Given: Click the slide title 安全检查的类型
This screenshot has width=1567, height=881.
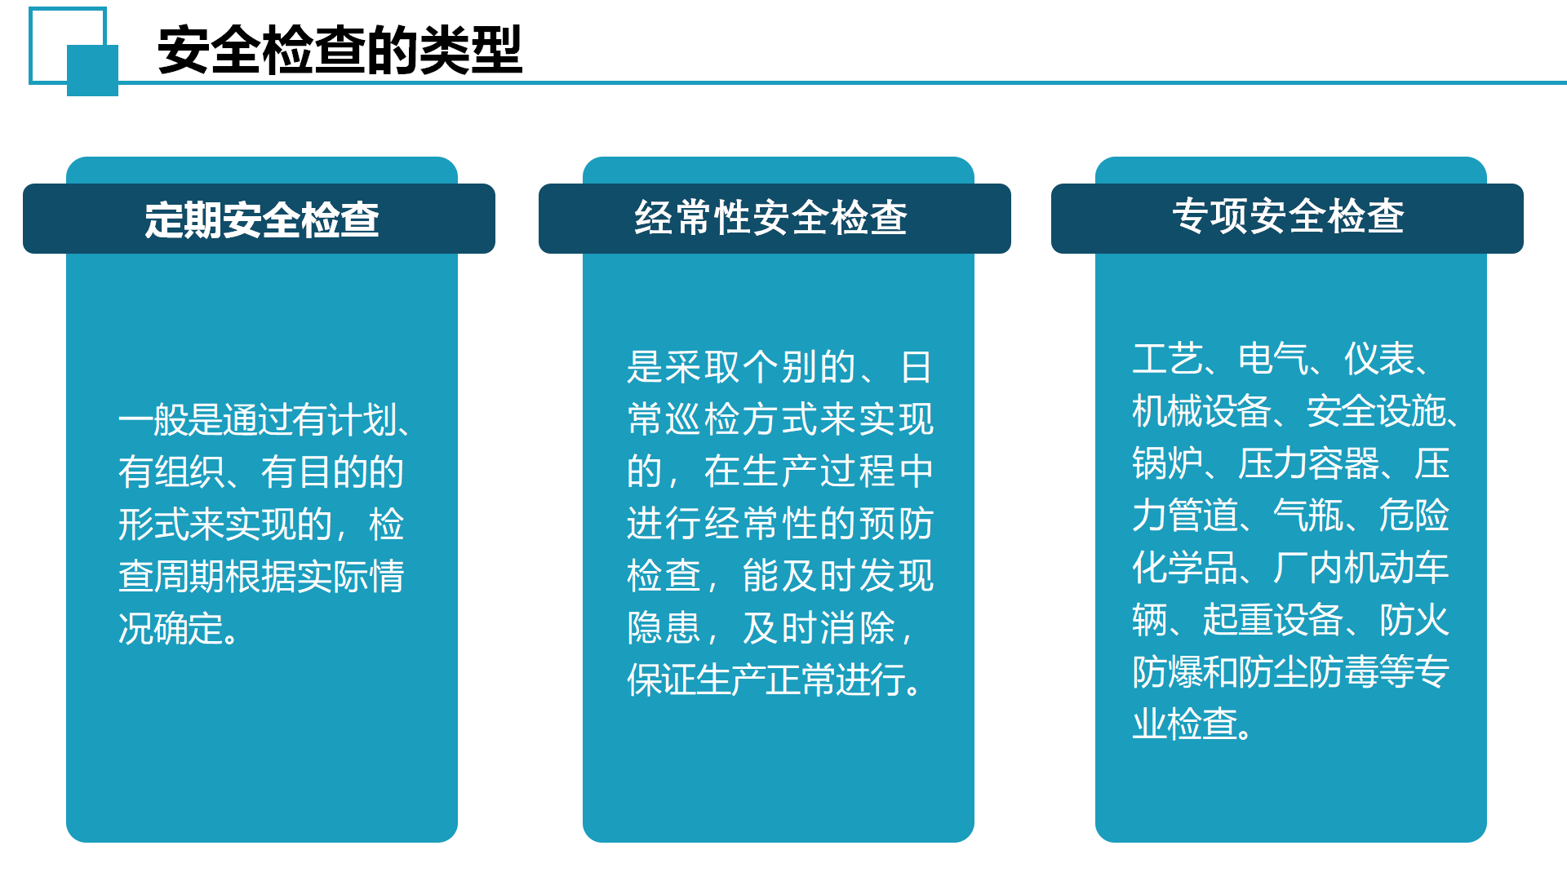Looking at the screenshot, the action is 340,51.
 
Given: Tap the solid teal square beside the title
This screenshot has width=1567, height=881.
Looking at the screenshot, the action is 92,70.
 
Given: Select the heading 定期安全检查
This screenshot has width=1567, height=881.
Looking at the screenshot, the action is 262,219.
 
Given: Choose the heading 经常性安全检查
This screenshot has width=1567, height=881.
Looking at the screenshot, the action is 771,218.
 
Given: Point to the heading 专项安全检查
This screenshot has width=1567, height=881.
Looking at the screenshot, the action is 1288,216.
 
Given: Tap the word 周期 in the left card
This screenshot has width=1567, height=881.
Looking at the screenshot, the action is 189,577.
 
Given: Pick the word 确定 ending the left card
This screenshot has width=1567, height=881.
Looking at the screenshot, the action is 189,629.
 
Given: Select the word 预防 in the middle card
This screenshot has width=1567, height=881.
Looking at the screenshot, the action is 896,524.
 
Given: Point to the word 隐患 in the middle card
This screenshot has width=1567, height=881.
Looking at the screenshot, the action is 664,628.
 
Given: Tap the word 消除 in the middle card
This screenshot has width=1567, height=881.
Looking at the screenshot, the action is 858,628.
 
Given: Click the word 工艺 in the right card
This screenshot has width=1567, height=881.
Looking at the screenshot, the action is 1167,359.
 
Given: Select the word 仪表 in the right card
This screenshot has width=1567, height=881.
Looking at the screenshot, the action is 1379,359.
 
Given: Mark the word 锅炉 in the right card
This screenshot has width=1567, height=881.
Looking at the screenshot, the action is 1167,463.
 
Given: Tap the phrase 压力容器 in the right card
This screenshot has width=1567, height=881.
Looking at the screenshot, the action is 1308,463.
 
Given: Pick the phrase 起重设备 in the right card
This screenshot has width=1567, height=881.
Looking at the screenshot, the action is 1273,620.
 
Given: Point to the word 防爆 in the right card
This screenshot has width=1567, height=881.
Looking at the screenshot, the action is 1167,672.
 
